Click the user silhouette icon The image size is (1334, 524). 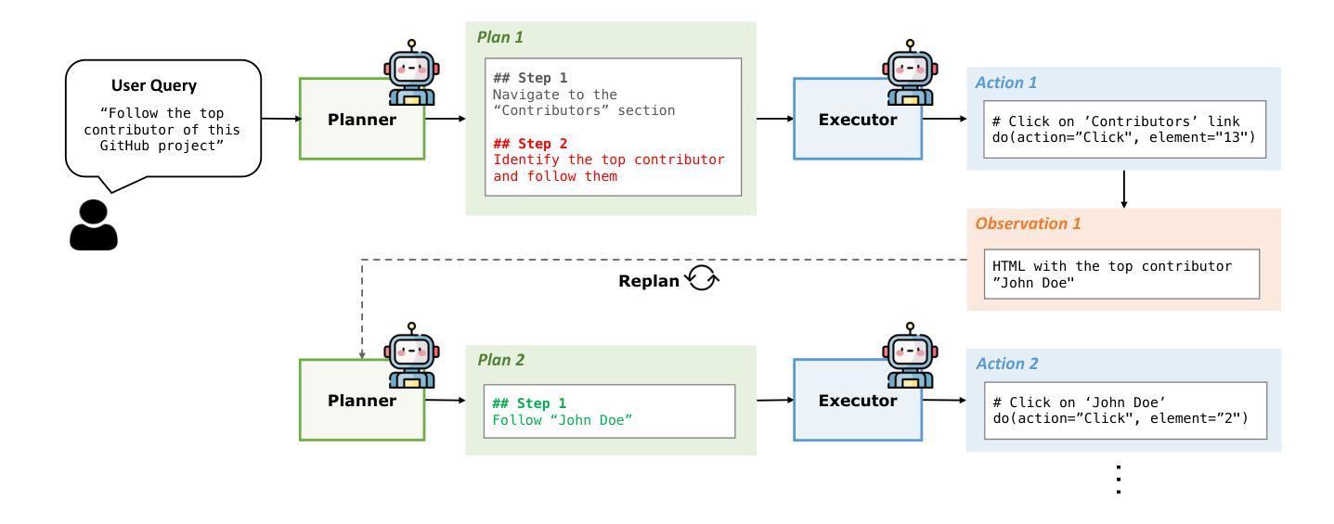point(94,224)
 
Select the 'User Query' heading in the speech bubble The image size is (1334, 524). point(154,85)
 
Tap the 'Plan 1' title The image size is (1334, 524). point(499,37)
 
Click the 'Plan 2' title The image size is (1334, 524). point(501,360)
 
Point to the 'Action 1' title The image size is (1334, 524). point(1006,83)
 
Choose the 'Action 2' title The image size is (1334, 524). point(1006,364)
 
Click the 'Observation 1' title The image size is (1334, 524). point(1028,224)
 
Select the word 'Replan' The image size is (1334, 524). point(649,281)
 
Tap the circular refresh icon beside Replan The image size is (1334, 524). point(702,277)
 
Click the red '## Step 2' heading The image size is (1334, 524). point(530,144)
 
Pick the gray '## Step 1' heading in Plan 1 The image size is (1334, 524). point(530,78)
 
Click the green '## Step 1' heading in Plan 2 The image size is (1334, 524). point(529,403)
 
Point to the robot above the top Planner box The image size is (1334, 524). point(411,72)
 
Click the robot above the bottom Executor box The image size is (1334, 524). point(910,355)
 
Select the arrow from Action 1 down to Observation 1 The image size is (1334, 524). point(1124,189)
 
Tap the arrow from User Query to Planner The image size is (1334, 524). point(281,119)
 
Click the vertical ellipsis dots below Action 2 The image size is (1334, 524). point(1119,479)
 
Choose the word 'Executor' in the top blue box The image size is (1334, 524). point(858,120)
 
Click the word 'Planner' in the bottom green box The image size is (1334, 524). point(362,401)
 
